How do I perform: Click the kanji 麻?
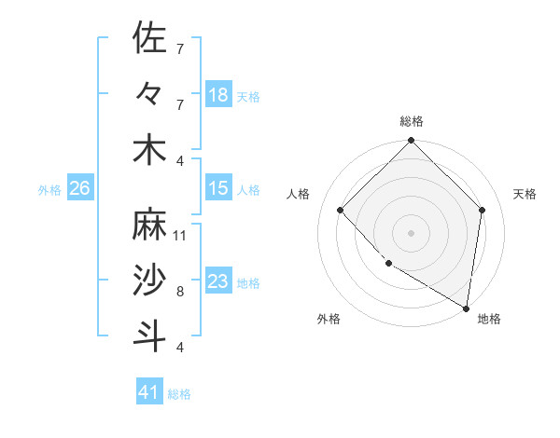(150, 225)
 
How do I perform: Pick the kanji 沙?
(150, 281)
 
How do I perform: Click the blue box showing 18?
(218, 95)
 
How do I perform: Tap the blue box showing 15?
(218, 188)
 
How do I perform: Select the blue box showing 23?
(218, 281)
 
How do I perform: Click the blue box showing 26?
(79, 188)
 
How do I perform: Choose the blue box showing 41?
(149, 392)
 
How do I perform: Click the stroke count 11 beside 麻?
(180, 236)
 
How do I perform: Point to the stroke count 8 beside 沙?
(180, 292)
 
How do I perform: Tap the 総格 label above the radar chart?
(412, 121)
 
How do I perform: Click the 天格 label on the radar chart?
(525, 194)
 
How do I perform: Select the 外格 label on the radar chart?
(329, 319)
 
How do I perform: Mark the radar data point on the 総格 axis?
(412, 142)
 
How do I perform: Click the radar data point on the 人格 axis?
(341, 210)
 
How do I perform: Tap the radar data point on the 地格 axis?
(466, 308)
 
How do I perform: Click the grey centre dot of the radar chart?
(412, 232)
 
